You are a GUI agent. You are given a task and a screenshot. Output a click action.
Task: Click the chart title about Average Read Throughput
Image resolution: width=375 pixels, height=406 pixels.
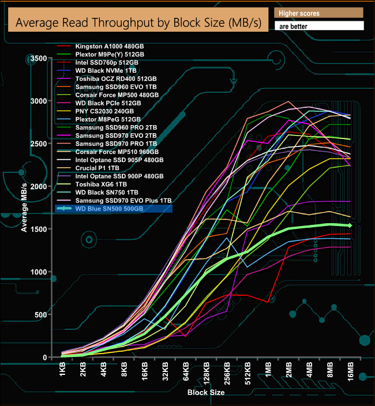(138, 23)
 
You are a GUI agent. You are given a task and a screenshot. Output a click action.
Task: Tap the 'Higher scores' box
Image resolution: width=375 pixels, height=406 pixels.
(318, 13)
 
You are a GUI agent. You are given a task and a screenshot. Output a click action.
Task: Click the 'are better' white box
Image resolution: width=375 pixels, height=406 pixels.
(318, 26)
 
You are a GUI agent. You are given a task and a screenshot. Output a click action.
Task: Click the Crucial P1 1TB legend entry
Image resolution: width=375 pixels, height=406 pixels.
(100, 168)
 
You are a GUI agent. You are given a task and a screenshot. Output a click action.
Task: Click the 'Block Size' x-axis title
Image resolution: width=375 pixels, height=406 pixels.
(206, 393)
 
